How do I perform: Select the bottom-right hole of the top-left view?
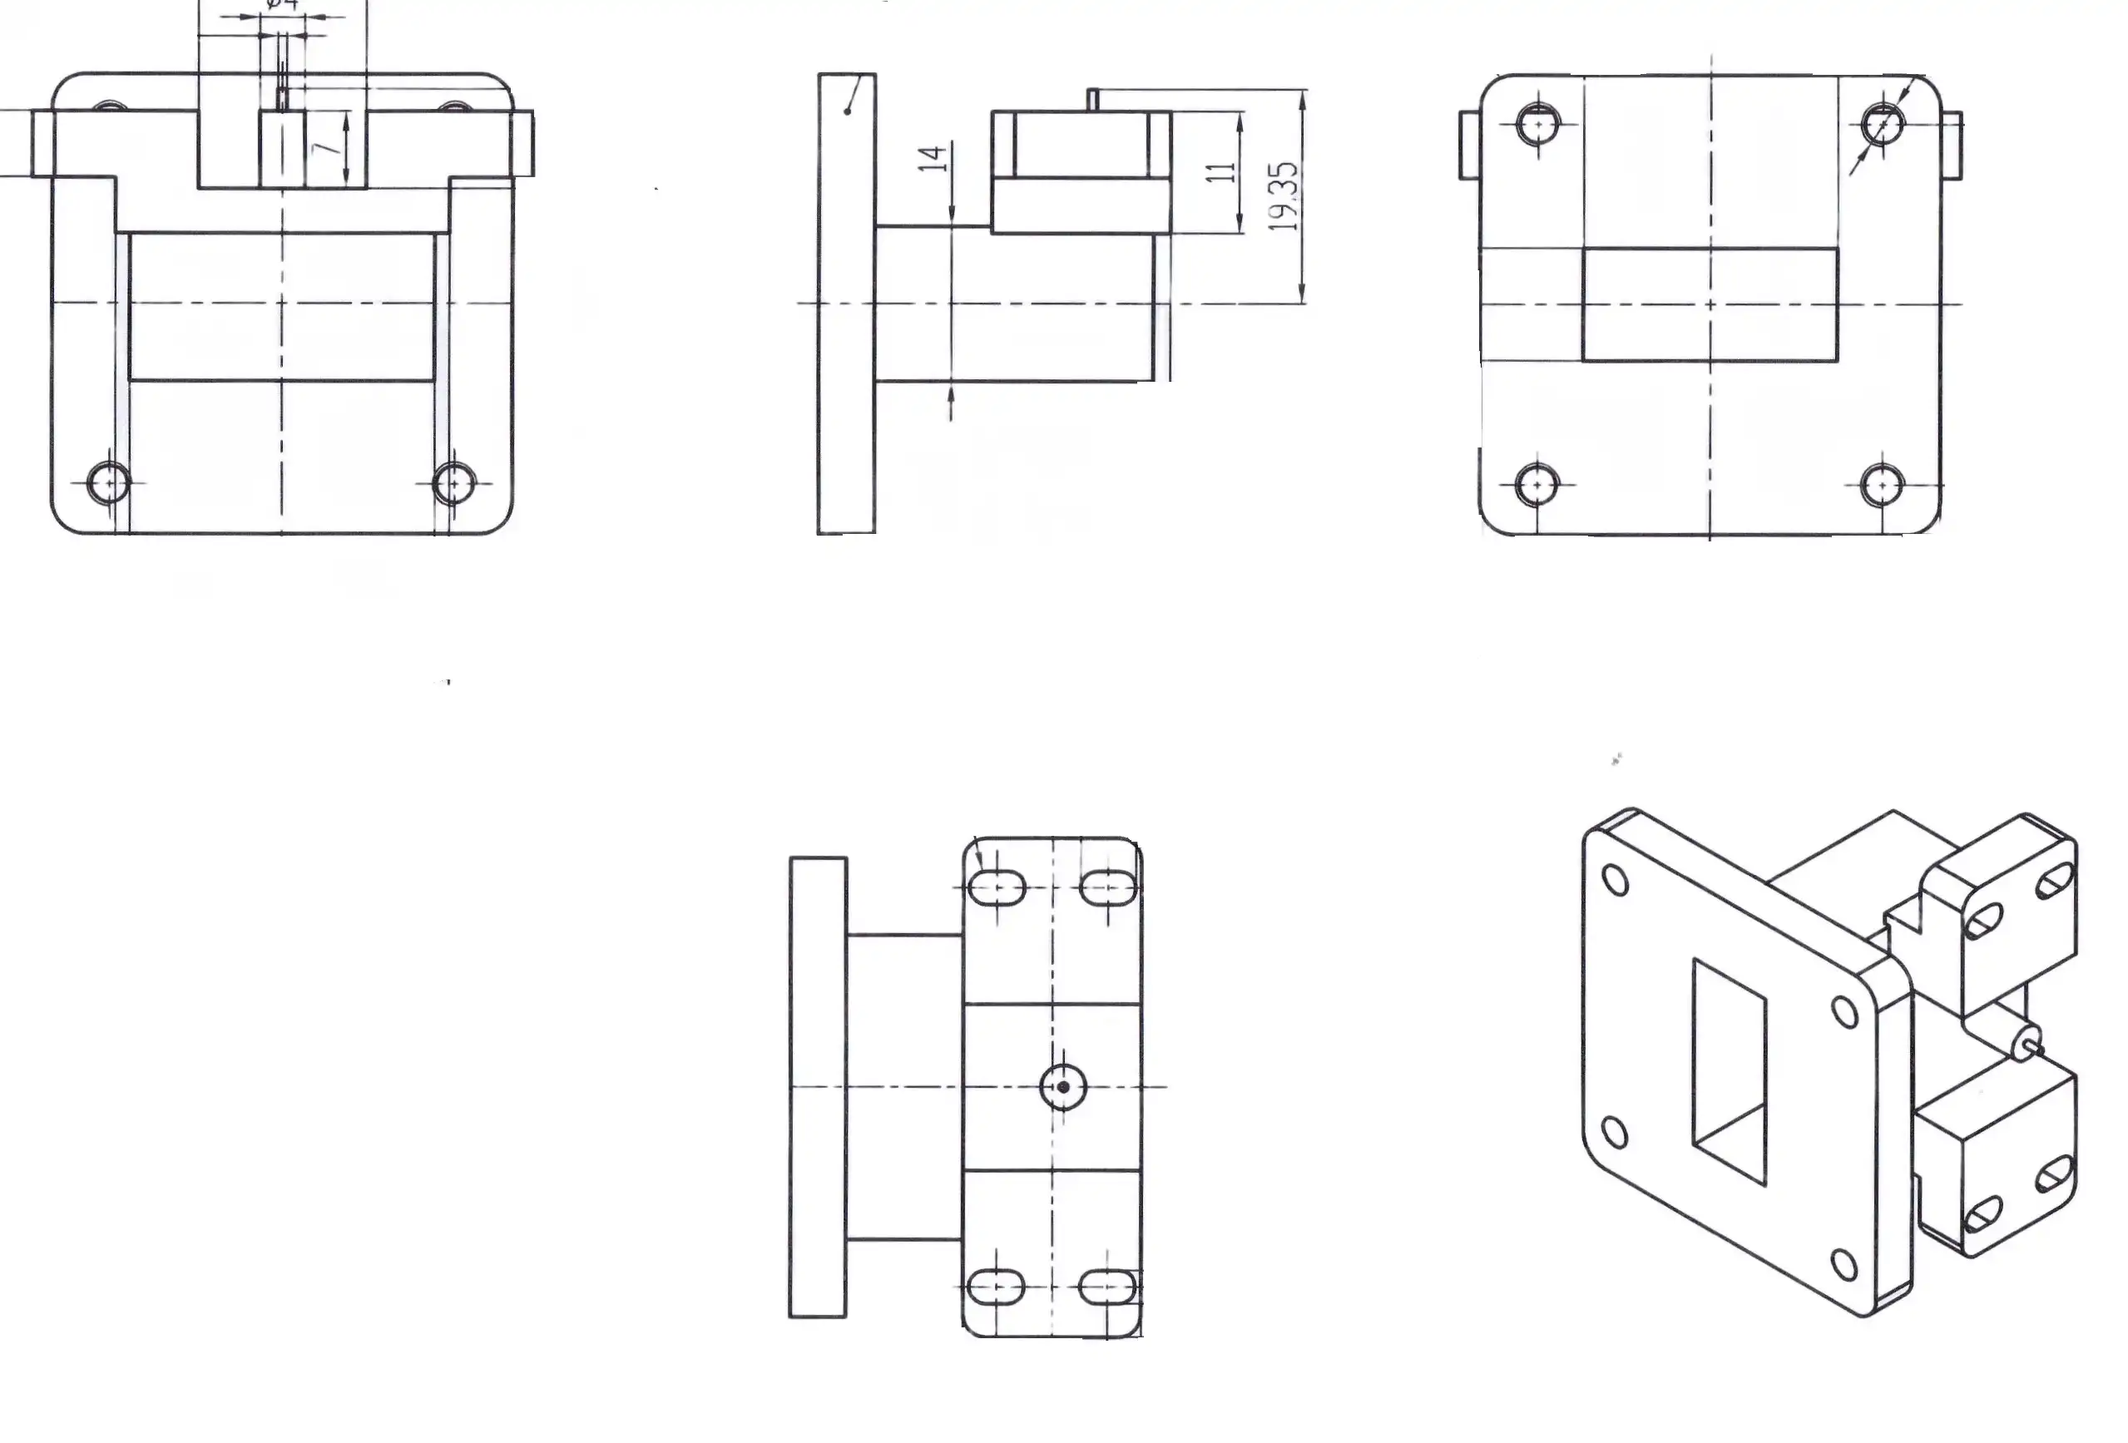(454, 483)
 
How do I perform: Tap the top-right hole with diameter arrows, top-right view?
(1883, 124)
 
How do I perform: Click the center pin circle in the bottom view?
(1063, 1087)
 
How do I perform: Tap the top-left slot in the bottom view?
(997, 887)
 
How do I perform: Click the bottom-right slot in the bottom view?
(1109, 1287)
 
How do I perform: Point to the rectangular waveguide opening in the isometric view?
(1729, 1071)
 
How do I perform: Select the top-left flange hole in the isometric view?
(1617, 881)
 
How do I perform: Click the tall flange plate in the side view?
(846, 303)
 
